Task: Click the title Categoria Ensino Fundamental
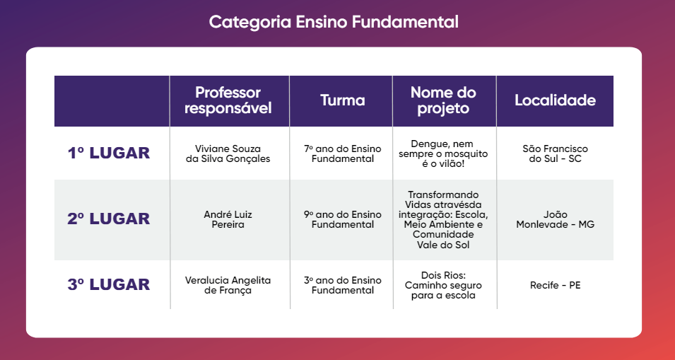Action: pos(334,22)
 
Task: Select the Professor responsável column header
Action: pos(228,100)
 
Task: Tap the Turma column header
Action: pos(343,100)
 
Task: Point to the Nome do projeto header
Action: pos(443,100)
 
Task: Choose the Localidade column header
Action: pos(556,100)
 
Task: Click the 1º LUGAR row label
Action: pos(108,153)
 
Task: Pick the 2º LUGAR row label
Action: pos(108,219)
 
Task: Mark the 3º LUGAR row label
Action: pos(108,284)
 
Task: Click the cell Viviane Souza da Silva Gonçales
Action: pos(228,153)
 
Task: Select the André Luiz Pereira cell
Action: pos(228,220)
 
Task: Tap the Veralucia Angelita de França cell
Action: pos(228,285)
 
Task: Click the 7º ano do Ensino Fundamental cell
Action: pos(343,153)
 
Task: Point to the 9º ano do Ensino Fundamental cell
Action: pos(343,220)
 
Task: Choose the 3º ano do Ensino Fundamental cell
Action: pos(343,285)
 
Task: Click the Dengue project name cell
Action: pos(443,153)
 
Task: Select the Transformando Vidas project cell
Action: pos(443,220)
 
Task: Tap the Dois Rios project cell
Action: pos(443,285)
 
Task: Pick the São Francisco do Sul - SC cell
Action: pos(556,153)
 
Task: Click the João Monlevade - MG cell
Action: pos(556,220)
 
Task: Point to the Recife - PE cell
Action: pos(556,285)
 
